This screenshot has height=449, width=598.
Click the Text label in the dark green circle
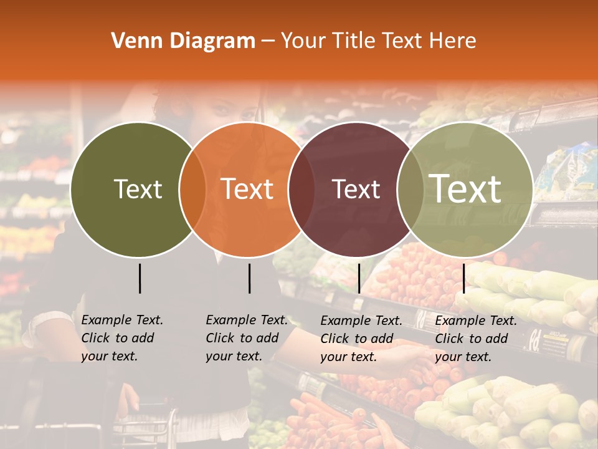tap(138, 189)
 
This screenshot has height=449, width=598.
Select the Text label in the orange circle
tap(247, 189)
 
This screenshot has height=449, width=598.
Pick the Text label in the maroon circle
tap(356, 189)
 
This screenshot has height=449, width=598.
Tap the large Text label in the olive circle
tap(465, 189)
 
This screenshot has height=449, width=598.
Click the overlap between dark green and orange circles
tap(192, 190)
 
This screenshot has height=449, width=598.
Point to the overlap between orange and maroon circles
tap(301, 190)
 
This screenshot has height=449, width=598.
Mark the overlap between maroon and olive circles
tap(410, 190)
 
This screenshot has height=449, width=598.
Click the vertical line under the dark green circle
tap(140, 278)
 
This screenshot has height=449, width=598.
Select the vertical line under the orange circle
tap(249, 278)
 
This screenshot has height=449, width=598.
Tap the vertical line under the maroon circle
tap(359, 278)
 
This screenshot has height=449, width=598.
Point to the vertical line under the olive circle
tap(464, 278)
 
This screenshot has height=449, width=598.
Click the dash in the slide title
tap(268, 42)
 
